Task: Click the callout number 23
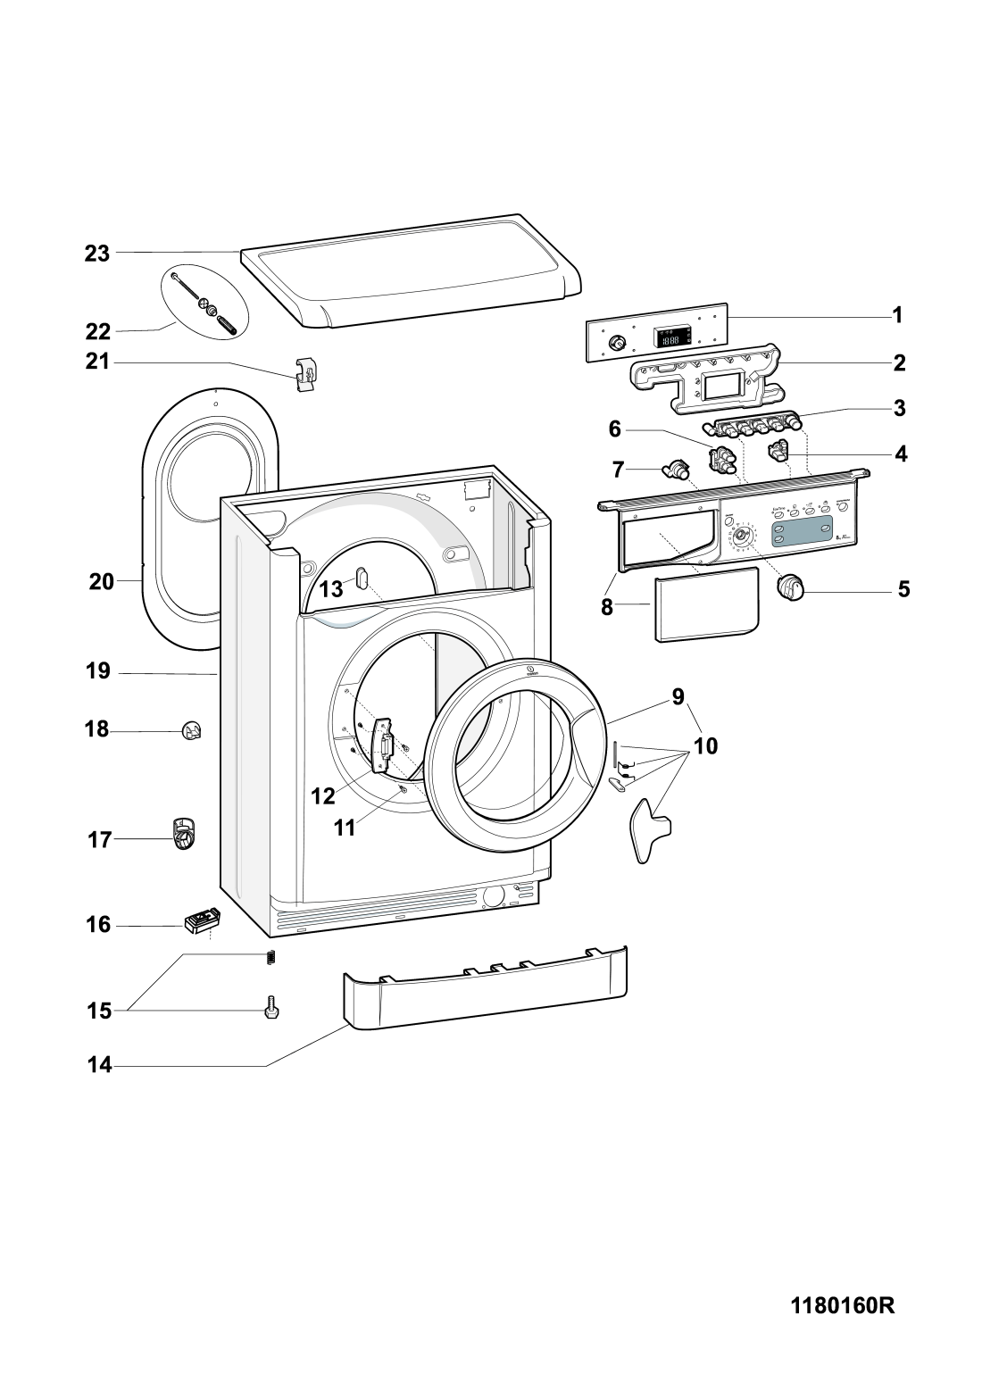[97, 254]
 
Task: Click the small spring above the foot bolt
[272, 958]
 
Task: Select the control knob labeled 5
[791, 587]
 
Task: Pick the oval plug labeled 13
[362, 579]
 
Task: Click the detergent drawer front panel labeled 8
[706, 607]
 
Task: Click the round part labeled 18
[192, 731]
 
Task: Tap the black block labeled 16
[202, 920]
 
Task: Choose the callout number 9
[678, 696]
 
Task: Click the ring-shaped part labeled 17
[183, 835]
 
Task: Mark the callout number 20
[102, 583]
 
